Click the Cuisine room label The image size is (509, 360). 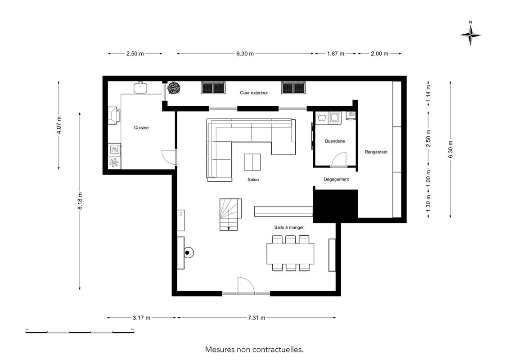pos(141,127)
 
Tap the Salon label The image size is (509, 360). pos(253,180)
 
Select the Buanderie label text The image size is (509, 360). pos(335,141)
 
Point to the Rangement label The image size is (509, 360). pos(376,152)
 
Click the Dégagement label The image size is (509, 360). pos(336,179)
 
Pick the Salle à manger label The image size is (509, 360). pos(289,227)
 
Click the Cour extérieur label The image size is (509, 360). pos(254,93)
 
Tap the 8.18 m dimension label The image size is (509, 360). pos(80,201)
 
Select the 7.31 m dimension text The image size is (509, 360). pos(257,318)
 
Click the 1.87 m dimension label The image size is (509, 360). pos(336,54)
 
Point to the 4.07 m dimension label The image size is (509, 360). pos(59,125)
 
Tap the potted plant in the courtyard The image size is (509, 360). pos(174,88)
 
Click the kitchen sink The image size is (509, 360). pos(141,88)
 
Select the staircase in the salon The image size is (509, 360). pos(230,215)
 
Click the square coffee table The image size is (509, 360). pos(252,162)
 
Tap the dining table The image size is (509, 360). pos(290,253)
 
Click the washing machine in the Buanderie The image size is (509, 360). pos(334,118)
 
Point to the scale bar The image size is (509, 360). pos(80,332)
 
